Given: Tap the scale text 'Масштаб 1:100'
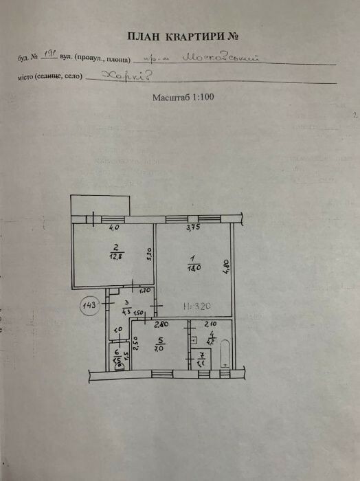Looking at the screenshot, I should pyautogui.click(x=183, y=98).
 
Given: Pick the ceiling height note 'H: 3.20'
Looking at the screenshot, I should pyautogui.click(x=196, y=306).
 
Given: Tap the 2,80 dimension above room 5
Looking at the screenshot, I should pyautogui.click(x=161, y=324).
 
